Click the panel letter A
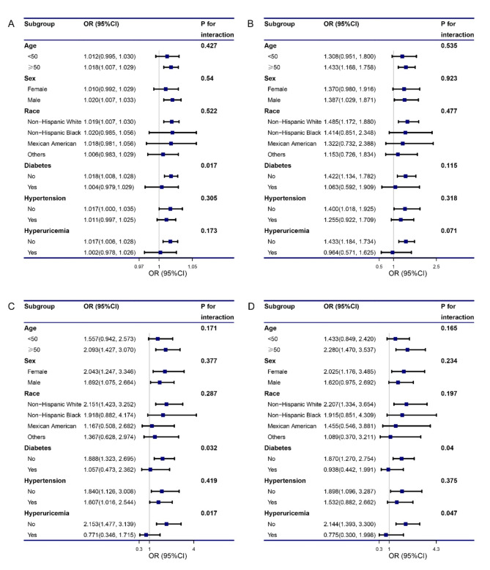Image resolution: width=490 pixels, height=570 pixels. point(10,23)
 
